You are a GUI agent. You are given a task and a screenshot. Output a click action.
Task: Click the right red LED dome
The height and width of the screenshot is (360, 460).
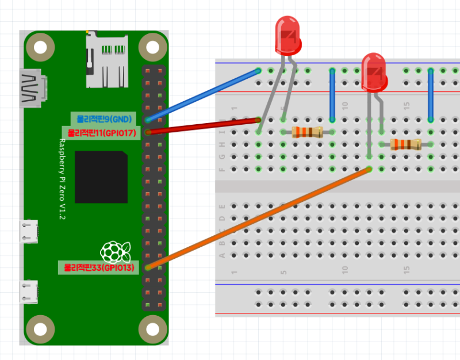[x=374, y=71]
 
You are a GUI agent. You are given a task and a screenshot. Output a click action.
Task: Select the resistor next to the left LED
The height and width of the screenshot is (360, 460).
[x=307, y=132]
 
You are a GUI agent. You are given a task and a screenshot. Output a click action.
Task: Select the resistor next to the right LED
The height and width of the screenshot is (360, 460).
[x=405, y=144]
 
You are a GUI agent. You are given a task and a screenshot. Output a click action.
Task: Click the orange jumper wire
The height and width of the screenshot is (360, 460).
[x=259, y=218]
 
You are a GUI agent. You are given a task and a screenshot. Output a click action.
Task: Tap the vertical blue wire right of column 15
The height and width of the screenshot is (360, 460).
[x=431, y=95]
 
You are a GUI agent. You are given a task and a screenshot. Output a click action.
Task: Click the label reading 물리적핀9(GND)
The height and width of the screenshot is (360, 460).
[x=104, y=119]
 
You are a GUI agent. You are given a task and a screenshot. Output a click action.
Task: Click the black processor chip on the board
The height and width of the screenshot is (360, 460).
[x=101, y=177]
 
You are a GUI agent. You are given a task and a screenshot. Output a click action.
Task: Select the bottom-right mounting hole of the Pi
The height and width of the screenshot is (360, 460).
[x=151, y=328]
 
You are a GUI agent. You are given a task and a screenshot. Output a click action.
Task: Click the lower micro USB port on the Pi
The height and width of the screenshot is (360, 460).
[x=29, y=292]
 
